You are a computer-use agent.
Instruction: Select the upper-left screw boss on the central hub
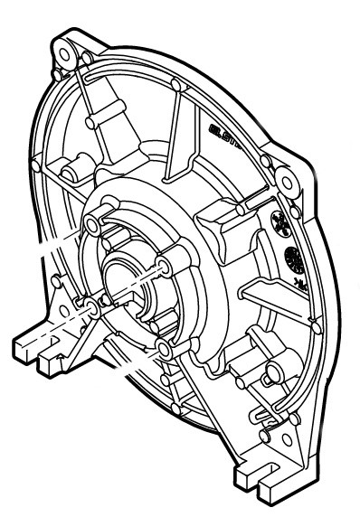coord(94,223)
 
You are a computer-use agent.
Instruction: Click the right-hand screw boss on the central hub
coord(162,266)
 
